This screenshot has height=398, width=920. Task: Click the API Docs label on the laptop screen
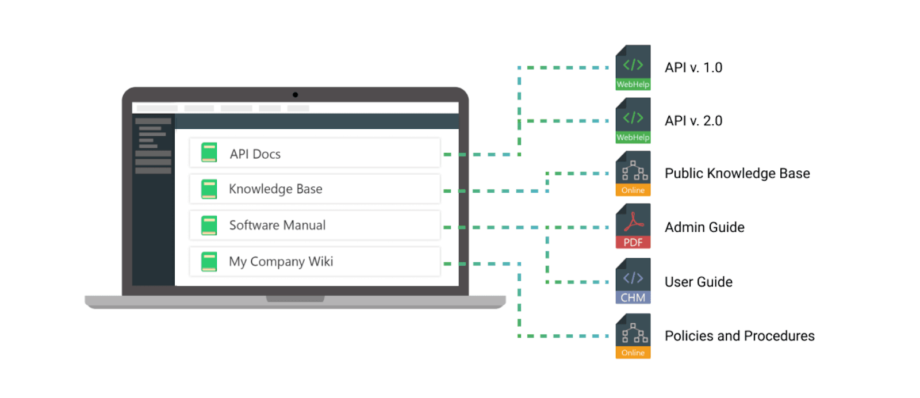(x=255, y=154)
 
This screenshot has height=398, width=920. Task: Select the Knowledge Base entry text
(x=275, y=189)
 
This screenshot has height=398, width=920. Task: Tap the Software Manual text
(x=277, y=225)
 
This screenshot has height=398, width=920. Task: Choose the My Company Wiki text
(x=281, y=262)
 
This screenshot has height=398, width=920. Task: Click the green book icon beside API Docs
(x=209, y=153)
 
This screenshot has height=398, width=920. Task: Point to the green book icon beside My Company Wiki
(x=209, y=261)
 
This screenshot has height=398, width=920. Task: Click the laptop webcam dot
(x=295, y=95)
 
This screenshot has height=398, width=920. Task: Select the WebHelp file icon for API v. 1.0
(x=632, y=67)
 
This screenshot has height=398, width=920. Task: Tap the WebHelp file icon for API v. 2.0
(x=632, y=120)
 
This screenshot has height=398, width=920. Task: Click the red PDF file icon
(x=632, y=226)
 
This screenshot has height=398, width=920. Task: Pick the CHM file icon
(x=632, y=281)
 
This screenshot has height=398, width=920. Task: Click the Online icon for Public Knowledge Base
(x=632, y=173)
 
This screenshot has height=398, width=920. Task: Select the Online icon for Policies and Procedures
(x=632, y=336)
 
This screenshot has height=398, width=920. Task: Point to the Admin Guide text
(x=704, y=227)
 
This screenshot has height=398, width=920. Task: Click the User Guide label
(x=698, y=282)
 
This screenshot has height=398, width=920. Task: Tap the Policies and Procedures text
(x=739, y=336)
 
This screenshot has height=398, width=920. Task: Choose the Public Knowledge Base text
(x=737, y=174)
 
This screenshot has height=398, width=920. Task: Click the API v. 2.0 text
(x=693, y=121)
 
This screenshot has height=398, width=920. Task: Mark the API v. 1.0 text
(x=693, y=68)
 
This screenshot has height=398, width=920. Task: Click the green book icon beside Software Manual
(x=209, y=225)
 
